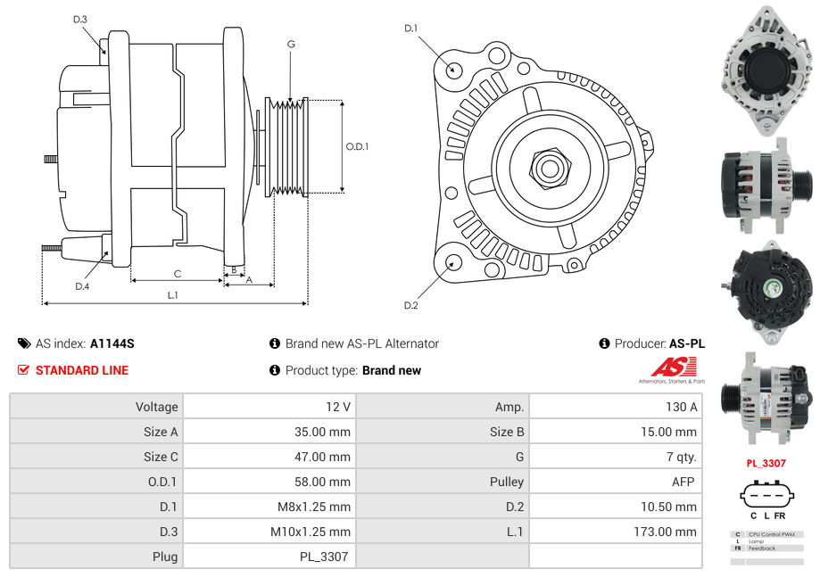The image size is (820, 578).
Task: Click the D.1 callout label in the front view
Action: (410, 29)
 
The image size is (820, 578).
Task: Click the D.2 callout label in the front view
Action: (410, 306)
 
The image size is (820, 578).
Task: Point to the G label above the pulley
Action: (291, 44)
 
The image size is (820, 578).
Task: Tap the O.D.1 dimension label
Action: (357, 147)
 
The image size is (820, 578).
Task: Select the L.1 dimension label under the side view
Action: (173, 294)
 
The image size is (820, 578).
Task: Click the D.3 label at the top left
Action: (80, 19)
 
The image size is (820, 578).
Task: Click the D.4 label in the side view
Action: (82, 286)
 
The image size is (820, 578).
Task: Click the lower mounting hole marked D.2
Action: (453, 262)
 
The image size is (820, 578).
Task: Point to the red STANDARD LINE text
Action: (81, 370)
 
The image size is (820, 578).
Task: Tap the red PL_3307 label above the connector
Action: (766, 463)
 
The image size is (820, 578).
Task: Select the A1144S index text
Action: (112, 343)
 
